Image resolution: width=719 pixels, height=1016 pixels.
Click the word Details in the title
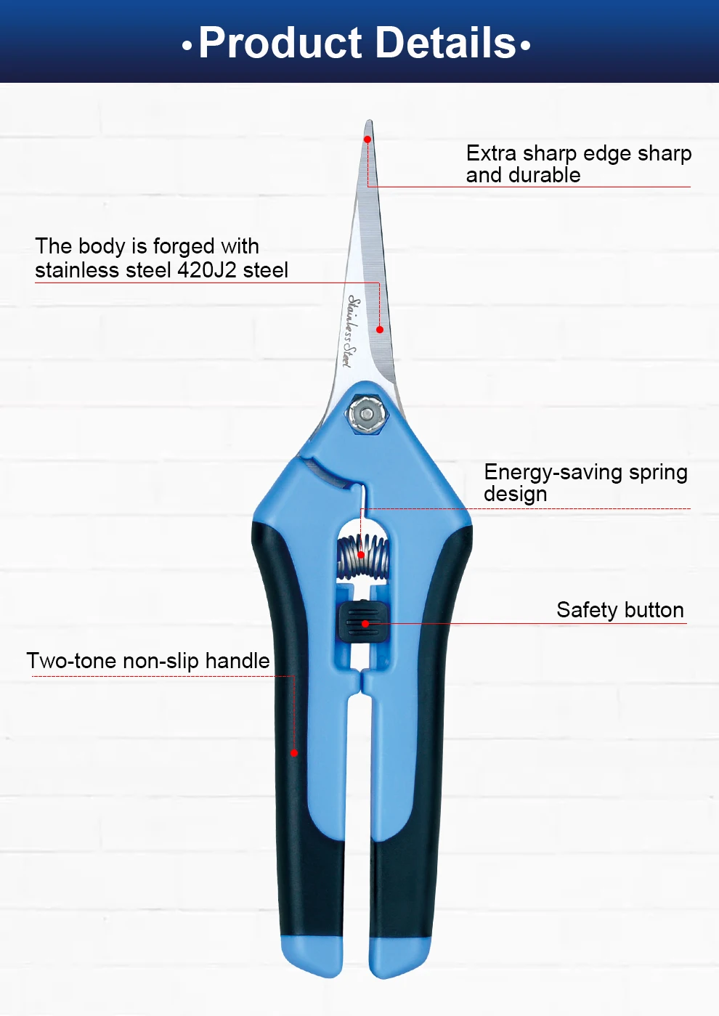click(x=447, y=43)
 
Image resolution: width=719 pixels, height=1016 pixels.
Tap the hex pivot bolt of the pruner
click(x=367, y=415)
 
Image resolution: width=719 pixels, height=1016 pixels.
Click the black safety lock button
click(x=363, y=622)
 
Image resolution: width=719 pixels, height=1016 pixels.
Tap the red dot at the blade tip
click(x=367, y=139)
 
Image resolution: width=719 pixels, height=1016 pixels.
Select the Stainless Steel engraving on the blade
click(x=350, y=331)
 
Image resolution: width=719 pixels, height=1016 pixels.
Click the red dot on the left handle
click(x=294, y=753)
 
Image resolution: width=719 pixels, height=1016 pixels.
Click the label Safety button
click(x=620, y=610)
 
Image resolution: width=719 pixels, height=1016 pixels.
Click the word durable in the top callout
click(x=544, y=175)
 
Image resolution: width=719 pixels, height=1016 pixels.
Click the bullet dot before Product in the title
click(x=187, y=46)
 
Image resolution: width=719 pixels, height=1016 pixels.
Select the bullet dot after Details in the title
click(x=525, y=46)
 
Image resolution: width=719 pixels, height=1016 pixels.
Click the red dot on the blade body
click(x=379, y=330)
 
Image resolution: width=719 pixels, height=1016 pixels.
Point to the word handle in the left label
click(x=237, y=661)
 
